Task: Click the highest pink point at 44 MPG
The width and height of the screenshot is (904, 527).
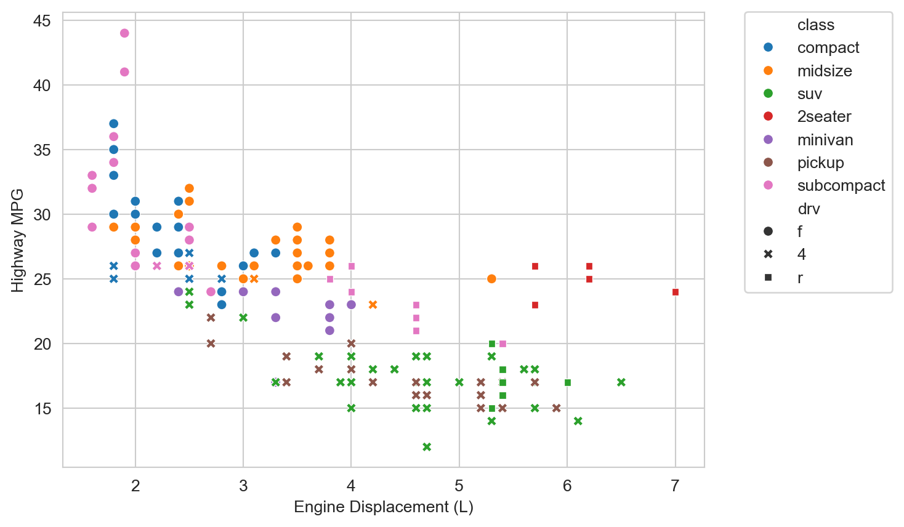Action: coord(124,33)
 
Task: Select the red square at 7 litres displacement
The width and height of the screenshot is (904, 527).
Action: coord(676,292)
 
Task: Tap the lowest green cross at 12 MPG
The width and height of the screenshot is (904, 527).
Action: coord(427,447)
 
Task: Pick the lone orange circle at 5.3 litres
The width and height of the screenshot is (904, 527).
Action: coord(491,279)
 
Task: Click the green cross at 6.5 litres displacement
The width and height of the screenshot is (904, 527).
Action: coord(621,382)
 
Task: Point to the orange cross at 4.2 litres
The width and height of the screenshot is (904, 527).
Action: coord(373,305)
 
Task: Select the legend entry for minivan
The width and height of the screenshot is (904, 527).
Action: coord(825,140)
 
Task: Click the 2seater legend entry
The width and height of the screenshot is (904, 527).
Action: coord(824,117)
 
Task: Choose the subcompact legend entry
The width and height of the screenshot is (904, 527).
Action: coord(841,186)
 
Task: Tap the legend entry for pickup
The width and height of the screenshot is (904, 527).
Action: coord(820,163)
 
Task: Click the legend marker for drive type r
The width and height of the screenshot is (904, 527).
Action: coord(768,278)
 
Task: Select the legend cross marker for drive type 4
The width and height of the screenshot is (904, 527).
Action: coord(768,255)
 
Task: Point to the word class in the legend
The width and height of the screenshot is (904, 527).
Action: coord(815,25)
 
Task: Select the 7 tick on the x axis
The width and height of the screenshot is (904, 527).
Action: coord(676,486)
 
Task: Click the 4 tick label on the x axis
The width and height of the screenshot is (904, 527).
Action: coord(351,486)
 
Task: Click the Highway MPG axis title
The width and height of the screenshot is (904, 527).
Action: coord(18,240)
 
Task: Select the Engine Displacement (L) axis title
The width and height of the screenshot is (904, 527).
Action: coord(383,507)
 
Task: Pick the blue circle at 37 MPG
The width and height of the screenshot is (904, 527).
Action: coord(113,124)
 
